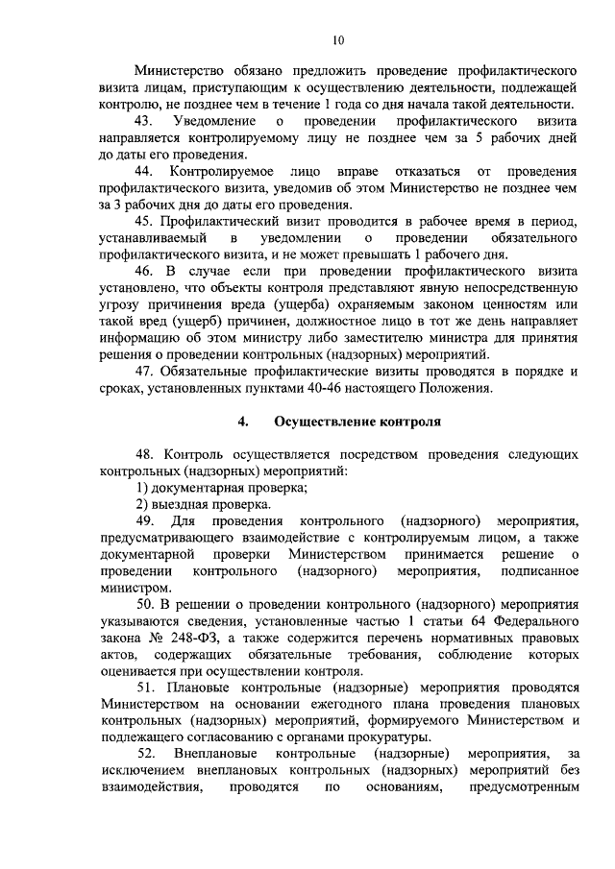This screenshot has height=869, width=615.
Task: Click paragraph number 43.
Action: pos(145,122)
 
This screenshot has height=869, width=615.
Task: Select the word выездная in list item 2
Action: pos(180,504)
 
